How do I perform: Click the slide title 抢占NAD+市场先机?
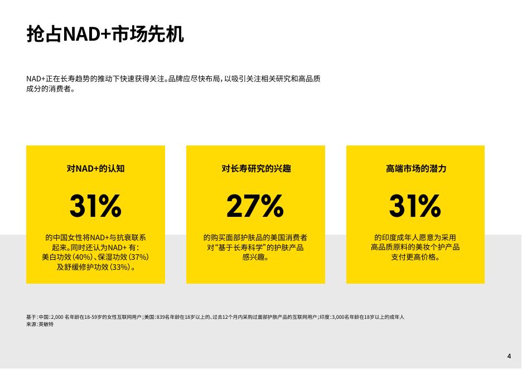click(105, 34)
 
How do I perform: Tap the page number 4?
click(509, 356)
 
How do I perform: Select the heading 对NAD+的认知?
click(95, 168)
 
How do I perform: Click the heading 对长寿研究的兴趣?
click(256, 168)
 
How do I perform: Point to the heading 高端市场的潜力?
click(416, 168)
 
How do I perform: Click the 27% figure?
click(255, 206)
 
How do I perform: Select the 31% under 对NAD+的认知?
click(95, 206)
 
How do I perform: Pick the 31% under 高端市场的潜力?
click(415, 206)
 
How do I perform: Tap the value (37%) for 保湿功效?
click(138, 257)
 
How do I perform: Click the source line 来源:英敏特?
click(40, 324)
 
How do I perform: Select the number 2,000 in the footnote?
click(57, 317)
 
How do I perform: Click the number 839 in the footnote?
click(161, 317)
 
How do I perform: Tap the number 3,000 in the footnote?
click(338, 317)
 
